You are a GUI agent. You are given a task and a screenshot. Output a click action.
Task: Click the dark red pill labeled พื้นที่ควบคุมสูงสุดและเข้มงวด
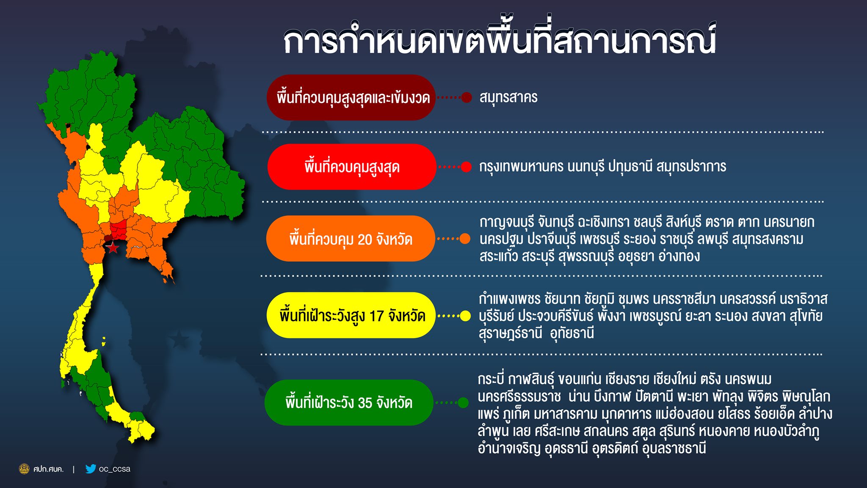(x=351, y=97)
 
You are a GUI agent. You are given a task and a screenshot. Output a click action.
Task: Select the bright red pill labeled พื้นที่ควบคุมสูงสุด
(x=351, y=166)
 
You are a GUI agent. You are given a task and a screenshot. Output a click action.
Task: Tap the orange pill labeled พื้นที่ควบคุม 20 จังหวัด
(x=351, y=238)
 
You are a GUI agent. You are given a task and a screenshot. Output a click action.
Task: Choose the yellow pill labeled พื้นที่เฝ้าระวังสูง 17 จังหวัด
(x=351, y=315)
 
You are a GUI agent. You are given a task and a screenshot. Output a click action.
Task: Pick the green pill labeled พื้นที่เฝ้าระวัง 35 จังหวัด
(x=349, y=402)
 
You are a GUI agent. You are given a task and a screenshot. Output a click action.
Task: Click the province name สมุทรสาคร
(x=508, y=97)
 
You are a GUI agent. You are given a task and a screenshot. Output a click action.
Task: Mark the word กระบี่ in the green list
(x=491, y=378)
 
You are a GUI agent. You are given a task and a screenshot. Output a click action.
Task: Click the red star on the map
(x=113, y=247)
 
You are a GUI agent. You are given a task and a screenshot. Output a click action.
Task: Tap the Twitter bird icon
(x=91, y=469)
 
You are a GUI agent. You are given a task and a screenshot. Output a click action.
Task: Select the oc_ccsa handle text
(x=114, y=469)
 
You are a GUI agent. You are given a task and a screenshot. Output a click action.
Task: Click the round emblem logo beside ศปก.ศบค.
(x=25, y=469)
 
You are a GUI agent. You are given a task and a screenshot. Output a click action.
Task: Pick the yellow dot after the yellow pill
(x=465, y=316)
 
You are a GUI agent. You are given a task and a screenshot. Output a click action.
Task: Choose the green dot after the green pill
(x=463, y=402)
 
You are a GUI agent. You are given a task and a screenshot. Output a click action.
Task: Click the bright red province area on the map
(x=119, y=230)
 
